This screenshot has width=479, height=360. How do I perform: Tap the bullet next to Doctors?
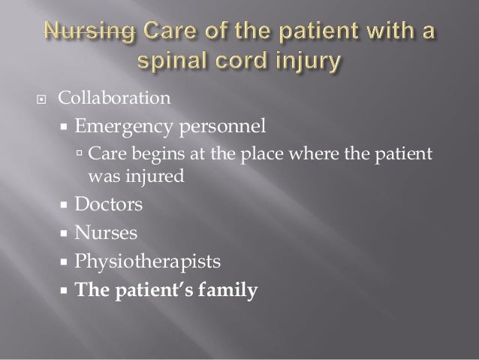point(63,204)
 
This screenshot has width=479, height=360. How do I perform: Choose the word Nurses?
point(106,232)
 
